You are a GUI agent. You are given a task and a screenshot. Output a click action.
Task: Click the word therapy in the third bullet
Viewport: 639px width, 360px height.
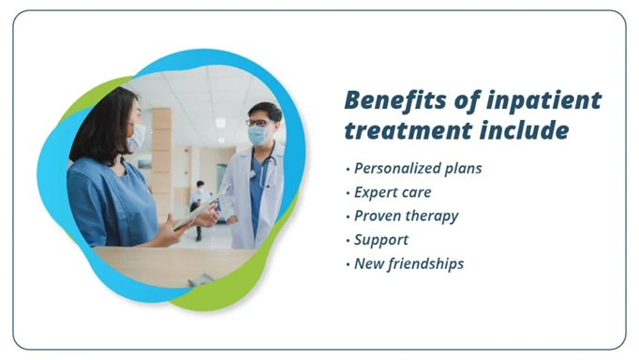[x=433, y=216]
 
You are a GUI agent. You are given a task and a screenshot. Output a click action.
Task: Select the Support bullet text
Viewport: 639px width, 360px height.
[x=381, y=240]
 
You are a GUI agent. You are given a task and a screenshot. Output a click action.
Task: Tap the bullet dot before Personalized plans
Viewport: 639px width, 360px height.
[x=348, y=170]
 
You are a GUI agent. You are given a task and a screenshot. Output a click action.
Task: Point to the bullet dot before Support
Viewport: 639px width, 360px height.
[x=348, y=240]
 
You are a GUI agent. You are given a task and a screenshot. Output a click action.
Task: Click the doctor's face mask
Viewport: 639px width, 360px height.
[x=258, y=135]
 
